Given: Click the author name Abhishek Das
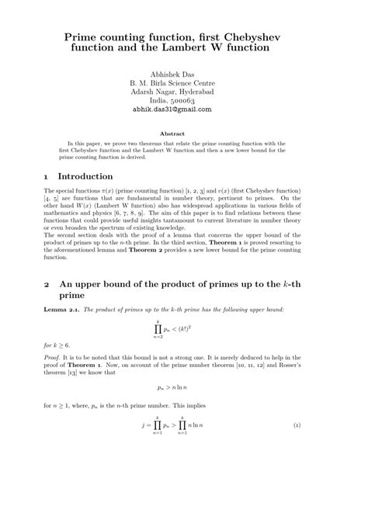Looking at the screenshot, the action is [x=183, y=73].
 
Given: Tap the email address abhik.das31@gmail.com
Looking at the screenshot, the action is [x=183, y=110].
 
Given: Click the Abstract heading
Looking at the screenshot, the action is [x=183, y=133].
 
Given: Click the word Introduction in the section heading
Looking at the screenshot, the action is [x=86, y=176].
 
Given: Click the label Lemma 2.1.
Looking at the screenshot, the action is [x=62, y=310].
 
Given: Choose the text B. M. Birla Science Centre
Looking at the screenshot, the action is [x=183, y=82].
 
